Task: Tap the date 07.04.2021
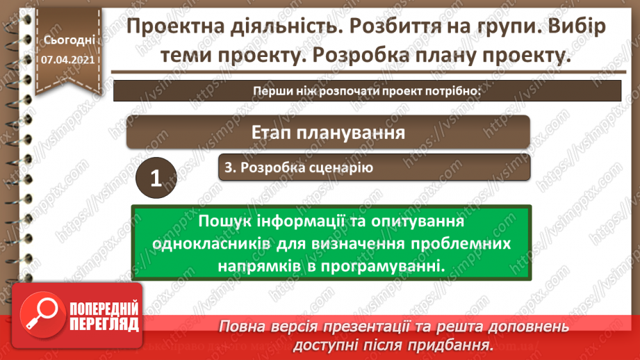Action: pyautogui.click(x=68, y=60)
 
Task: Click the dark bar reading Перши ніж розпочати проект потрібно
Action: pyautogui.click(x=368, y=91)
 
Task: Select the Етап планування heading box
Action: pyautogui.click(x=328, y=132)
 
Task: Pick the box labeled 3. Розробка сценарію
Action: pyautogui.click(x=375, y=167)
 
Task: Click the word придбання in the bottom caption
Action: pyautogui.click(x=455, y=345)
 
